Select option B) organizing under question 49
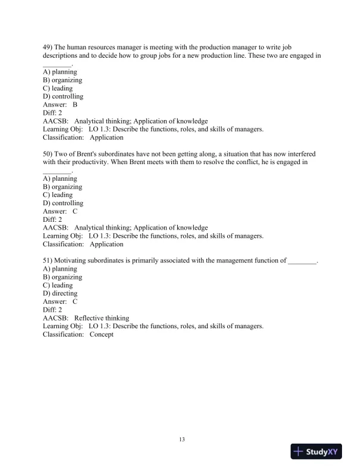coord(62,80)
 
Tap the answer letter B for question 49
coord(75,104)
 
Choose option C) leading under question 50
coord(58,194)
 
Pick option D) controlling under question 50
coord(63,203)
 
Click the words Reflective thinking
coord(102,318)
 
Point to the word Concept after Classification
coord(101,335)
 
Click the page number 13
coord(182,439)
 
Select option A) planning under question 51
coord(60,269)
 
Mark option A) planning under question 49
coord(60,71)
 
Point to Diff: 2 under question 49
coord(52,112)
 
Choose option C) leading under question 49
coord(58,88)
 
